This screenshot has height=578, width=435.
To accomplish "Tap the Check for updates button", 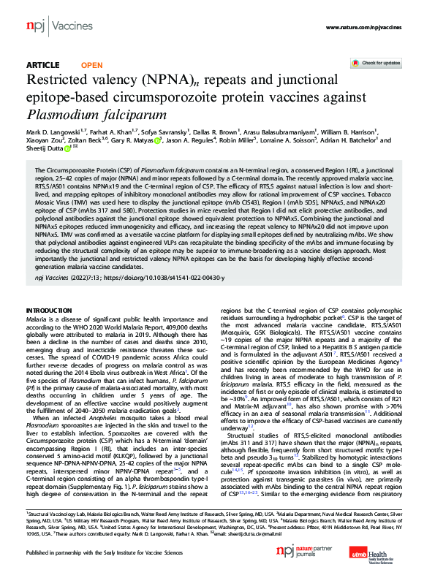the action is tap(380, 64).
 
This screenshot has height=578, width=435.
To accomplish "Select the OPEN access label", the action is tap(91, 65).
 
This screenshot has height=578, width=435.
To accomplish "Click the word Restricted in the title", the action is tap(64, 80).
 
